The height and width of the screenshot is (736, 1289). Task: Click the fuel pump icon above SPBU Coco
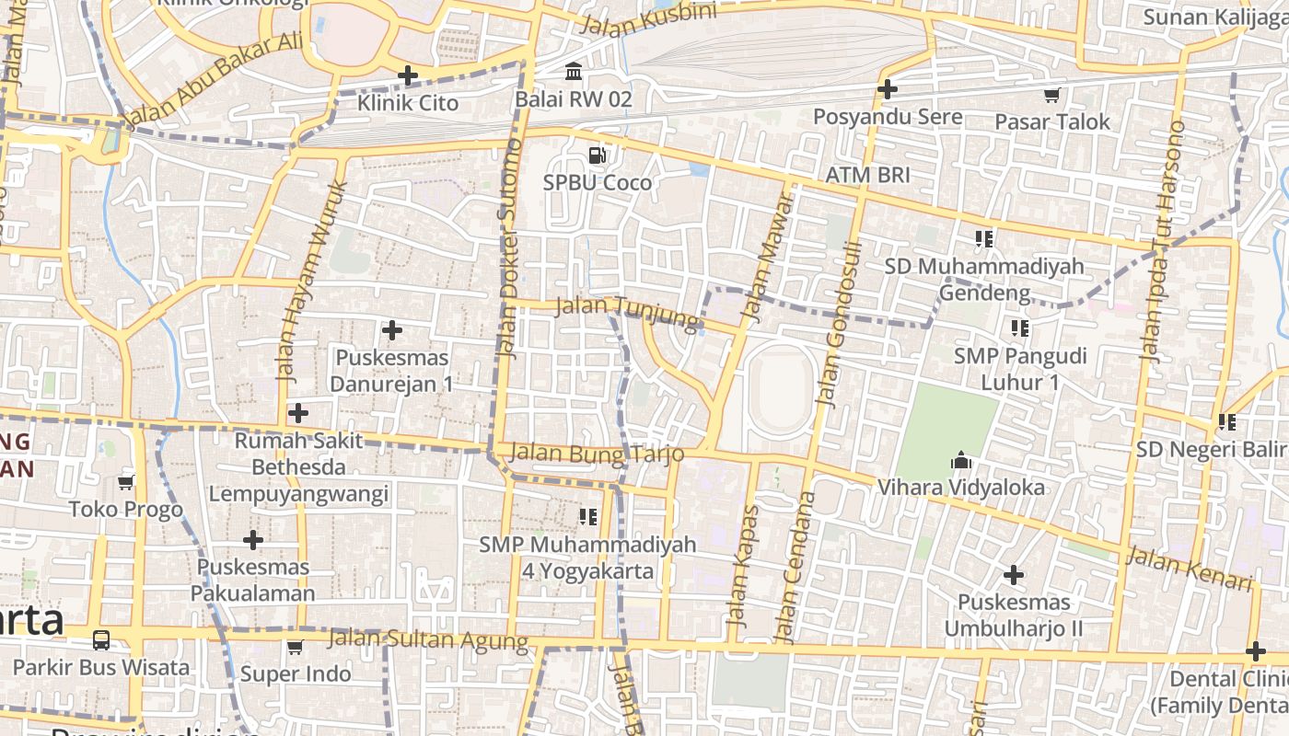pos(598,155)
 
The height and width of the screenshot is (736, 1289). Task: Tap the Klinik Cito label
pos(408,102)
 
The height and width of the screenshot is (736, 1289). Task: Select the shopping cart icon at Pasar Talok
pos(1051,95)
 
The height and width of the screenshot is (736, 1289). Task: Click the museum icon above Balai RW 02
pos(574,71)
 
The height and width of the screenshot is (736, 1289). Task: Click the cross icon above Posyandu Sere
pos(888,89)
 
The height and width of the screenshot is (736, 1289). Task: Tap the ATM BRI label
pos(867,175)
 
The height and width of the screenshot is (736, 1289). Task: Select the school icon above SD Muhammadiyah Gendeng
pos(983,239)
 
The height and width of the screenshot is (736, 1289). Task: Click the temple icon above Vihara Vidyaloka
pos(960,459)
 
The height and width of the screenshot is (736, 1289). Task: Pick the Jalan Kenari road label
pos(1189,569)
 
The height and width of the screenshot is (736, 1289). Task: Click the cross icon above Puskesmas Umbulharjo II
pos(1014,575)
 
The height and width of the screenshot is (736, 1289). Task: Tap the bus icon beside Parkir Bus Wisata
pos(101,640)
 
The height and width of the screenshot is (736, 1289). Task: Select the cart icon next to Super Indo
pos(295,647)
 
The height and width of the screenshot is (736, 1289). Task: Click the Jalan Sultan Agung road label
pos(428,639)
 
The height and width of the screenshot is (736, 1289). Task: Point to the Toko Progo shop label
pos(126,510)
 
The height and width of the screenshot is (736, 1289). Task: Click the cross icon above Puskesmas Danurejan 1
pos(392,329)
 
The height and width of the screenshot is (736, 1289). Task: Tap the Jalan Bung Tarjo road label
pos(596,454)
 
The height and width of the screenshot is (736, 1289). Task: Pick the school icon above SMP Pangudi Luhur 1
pos(1019,328)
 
